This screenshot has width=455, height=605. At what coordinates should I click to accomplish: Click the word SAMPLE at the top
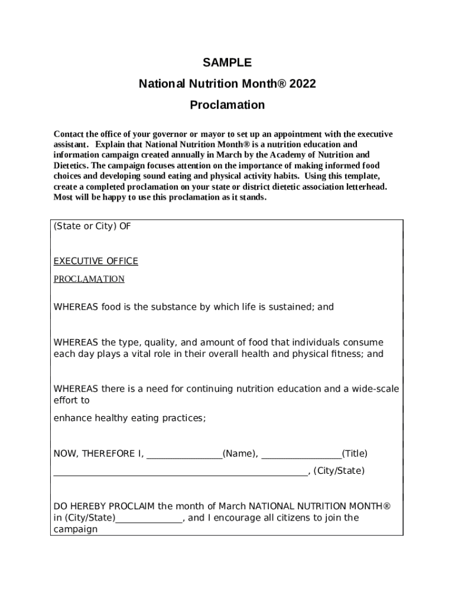pyautogui.click(x=227, y=63)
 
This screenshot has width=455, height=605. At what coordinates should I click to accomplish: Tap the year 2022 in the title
pyautogui.click(x=303, y=84)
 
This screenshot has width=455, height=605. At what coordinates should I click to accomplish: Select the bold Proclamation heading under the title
pyautogui.click(x=227, y=105)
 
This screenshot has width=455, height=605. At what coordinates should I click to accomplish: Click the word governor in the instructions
pyautogui.click(x=167, y=134)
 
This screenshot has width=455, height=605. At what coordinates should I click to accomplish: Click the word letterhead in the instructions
pyautogui.click(x=366, y=187)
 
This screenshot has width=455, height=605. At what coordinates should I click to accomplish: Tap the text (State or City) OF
pyautogui.click(x=92, y=226)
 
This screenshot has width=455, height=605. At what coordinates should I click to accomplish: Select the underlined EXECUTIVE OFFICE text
pyautogui.click(x=96, y=261)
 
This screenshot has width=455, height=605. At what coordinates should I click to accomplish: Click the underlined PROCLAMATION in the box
pyautogui.click(x=89, y=279)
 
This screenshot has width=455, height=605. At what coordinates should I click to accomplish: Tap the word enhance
pyautogui.click(x=71, y=418)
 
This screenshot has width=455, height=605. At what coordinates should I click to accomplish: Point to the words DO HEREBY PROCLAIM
pyautogui.click(x=104, y=506)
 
